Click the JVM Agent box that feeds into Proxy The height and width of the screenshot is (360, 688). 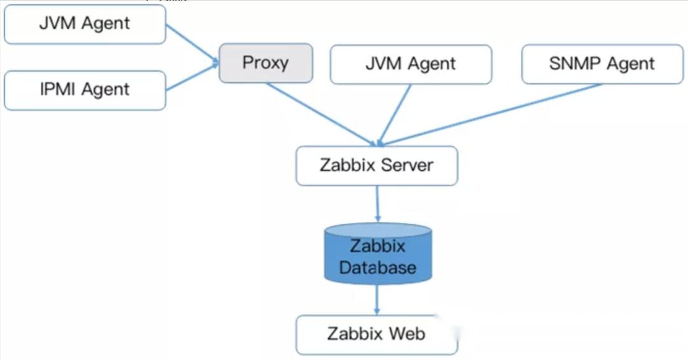[x=85, y=24]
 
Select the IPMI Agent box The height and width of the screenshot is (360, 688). [x=85, y=90]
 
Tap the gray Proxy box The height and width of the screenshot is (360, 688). [x=266, y=63]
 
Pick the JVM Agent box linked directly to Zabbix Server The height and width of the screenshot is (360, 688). [x=411, y=64]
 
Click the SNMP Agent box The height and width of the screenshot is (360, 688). [x=602, y=64]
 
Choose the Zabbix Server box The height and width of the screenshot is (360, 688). [x=376, y=166]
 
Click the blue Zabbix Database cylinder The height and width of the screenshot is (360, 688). [x=378, y=255]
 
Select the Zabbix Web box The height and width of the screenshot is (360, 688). [x=376, y=335]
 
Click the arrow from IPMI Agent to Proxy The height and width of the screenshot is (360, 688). [x=191, y=78]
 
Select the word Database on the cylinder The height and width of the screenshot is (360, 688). [x=378, y=268]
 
